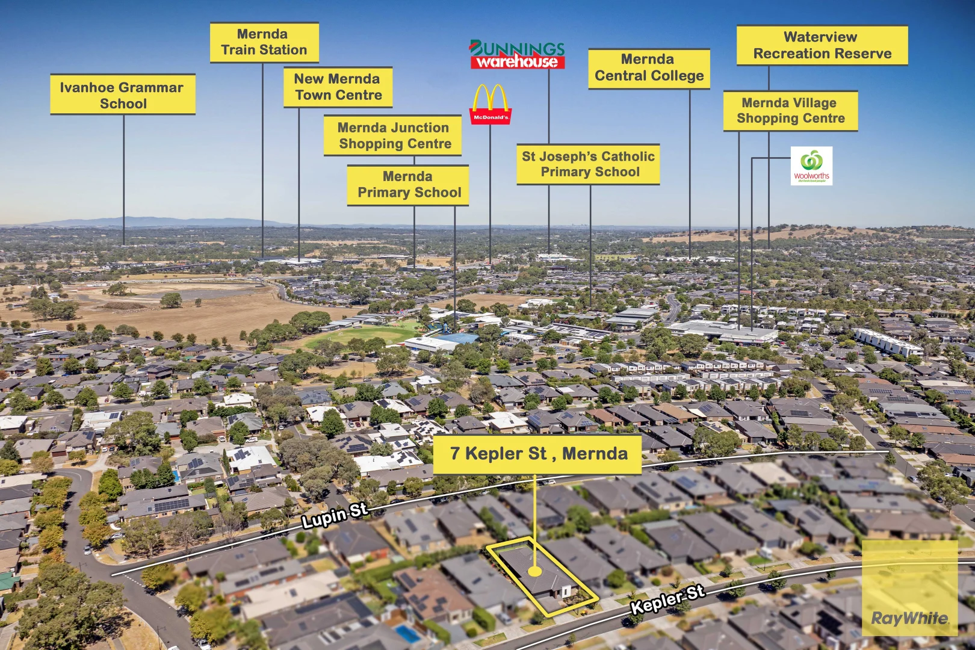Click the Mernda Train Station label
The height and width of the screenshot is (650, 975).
pyautogui.click(x=264, y=42)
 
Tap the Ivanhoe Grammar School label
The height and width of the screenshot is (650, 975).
pyautogui.click(x=123, y=95)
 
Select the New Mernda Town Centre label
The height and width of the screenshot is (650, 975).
pyautogui.click(x=338, y=87)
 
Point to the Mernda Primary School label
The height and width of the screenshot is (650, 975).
pyautogui.click(x=409, y=185)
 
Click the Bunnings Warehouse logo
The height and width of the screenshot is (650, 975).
pyautogui.click(x=517, y=55)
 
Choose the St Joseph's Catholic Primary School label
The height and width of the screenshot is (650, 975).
pyautogui.click(x=588, y=164)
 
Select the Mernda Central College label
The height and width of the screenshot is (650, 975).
pyautogui.click(x=649, y=68)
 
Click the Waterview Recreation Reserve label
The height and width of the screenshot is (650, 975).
pyautogui.click(x=822, y=45)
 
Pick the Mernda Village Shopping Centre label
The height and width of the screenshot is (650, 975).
pyautogui.click(x=790, y=111)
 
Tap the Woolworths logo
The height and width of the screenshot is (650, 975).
pyautogui.click(x=811, y=166)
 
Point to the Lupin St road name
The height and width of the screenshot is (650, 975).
pyautogui.click(x=335, y=516)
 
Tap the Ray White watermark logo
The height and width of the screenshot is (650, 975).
pyautogui.click(x=909, y=617)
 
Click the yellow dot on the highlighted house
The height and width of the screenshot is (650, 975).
pyautogui.click(x=534, y=571)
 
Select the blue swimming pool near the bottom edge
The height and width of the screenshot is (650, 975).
pyautogui.click(x=409, y=634)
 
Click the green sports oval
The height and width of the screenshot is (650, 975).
pyautogui.click(x=355, y=336)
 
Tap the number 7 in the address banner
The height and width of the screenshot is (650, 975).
pyautogui.click(x=455, y=454)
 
